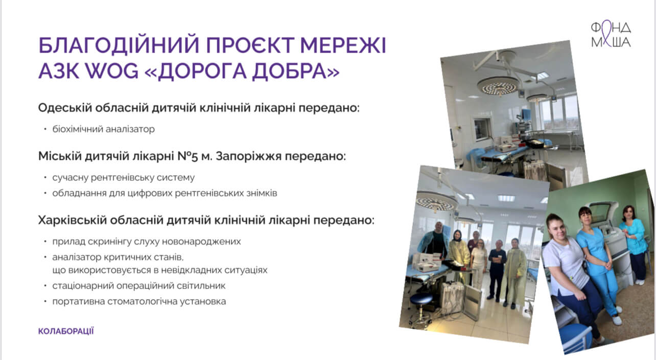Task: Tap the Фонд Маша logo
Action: point(611,35)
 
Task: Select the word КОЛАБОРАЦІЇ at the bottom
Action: point(66,331)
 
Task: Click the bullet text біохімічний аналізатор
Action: point(103,129)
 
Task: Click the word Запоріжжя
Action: point(249,157)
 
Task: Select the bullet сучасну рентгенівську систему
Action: point(123,178)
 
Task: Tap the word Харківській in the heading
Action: point(73,220)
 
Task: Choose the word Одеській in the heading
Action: point(65,108)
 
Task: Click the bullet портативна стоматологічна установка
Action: point(139,301)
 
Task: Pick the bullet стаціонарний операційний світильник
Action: point(139,286)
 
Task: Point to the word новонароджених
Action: point(201,242)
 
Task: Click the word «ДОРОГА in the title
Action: point(195,71)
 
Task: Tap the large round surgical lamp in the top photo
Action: point(498,86)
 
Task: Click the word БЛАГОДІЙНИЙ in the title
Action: point(119,45)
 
